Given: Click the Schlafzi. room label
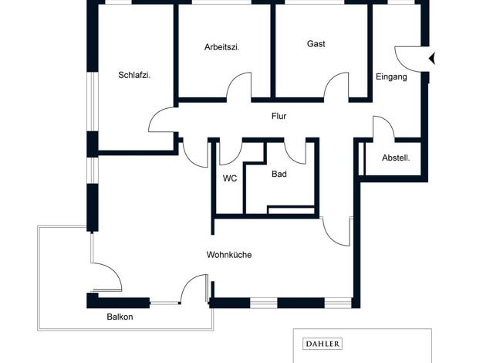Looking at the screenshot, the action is click(x=134, y=75).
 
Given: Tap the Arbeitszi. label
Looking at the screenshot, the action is click(x=222, y=47).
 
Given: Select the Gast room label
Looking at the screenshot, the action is click(x=316, y=44).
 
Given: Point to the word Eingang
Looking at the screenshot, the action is click(x=391, y=76).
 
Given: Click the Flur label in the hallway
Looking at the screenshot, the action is click(x=279, y=117).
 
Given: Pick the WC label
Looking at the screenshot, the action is click(x=230, y=178).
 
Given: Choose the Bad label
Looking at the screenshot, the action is click(x=279, y=174).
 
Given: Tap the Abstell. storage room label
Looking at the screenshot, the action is click(x=396, y=158).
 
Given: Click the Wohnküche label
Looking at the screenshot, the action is click(x=229, y=255).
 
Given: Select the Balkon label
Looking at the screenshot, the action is click(x=120, y=317).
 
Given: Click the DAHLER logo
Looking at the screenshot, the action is click(x=323, y=344).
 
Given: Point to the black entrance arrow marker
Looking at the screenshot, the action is click(x=432, y=58).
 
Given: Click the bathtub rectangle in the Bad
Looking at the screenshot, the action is click(x=291, y=210).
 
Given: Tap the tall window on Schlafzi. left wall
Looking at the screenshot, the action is click(x=92, y=102).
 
